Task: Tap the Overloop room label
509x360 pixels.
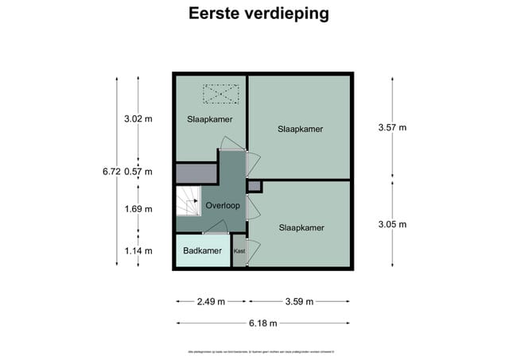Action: tap(223, 205)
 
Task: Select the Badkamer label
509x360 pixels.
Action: tap(202, 251)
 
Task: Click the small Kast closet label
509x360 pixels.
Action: tap(239, 251)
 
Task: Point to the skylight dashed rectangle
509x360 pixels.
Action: tap(220, 95)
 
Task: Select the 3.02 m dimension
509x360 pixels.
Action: tap(138, 119)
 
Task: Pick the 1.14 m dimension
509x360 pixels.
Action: tap(138, 252)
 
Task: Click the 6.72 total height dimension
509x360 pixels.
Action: tap(111, 172)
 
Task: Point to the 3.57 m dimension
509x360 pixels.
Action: tap(391, 127)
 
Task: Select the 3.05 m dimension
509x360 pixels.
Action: tap(391, 224)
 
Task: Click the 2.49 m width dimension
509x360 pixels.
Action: tap(211, 301)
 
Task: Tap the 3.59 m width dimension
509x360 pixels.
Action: tap(299, 301)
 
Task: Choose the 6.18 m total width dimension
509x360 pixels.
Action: tap(262, 323)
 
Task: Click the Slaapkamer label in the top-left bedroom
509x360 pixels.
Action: tap(210, 120)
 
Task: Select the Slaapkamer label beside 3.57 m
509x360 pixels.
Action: tap(301, 129)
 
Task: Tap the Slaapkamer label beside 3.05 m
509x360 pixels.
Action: tap(301, 228)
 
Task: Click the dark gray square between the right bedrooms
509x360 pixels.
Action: tap(254, 186)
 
